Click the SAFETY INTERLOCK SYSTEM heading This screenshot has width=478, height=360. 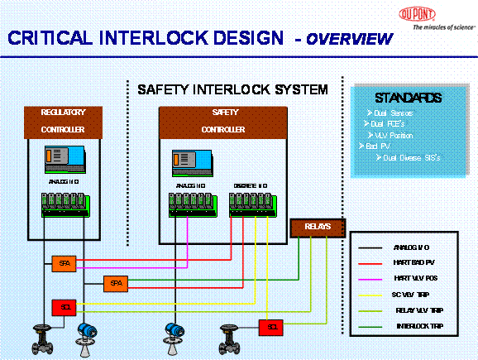point(232,89)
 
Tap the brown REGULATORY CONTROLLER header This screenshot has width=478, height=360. point(63,121)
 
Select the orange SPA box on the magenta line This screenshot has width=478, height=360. point(63,263)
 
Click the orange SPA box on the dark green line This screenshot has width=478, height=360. point(115,284)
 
